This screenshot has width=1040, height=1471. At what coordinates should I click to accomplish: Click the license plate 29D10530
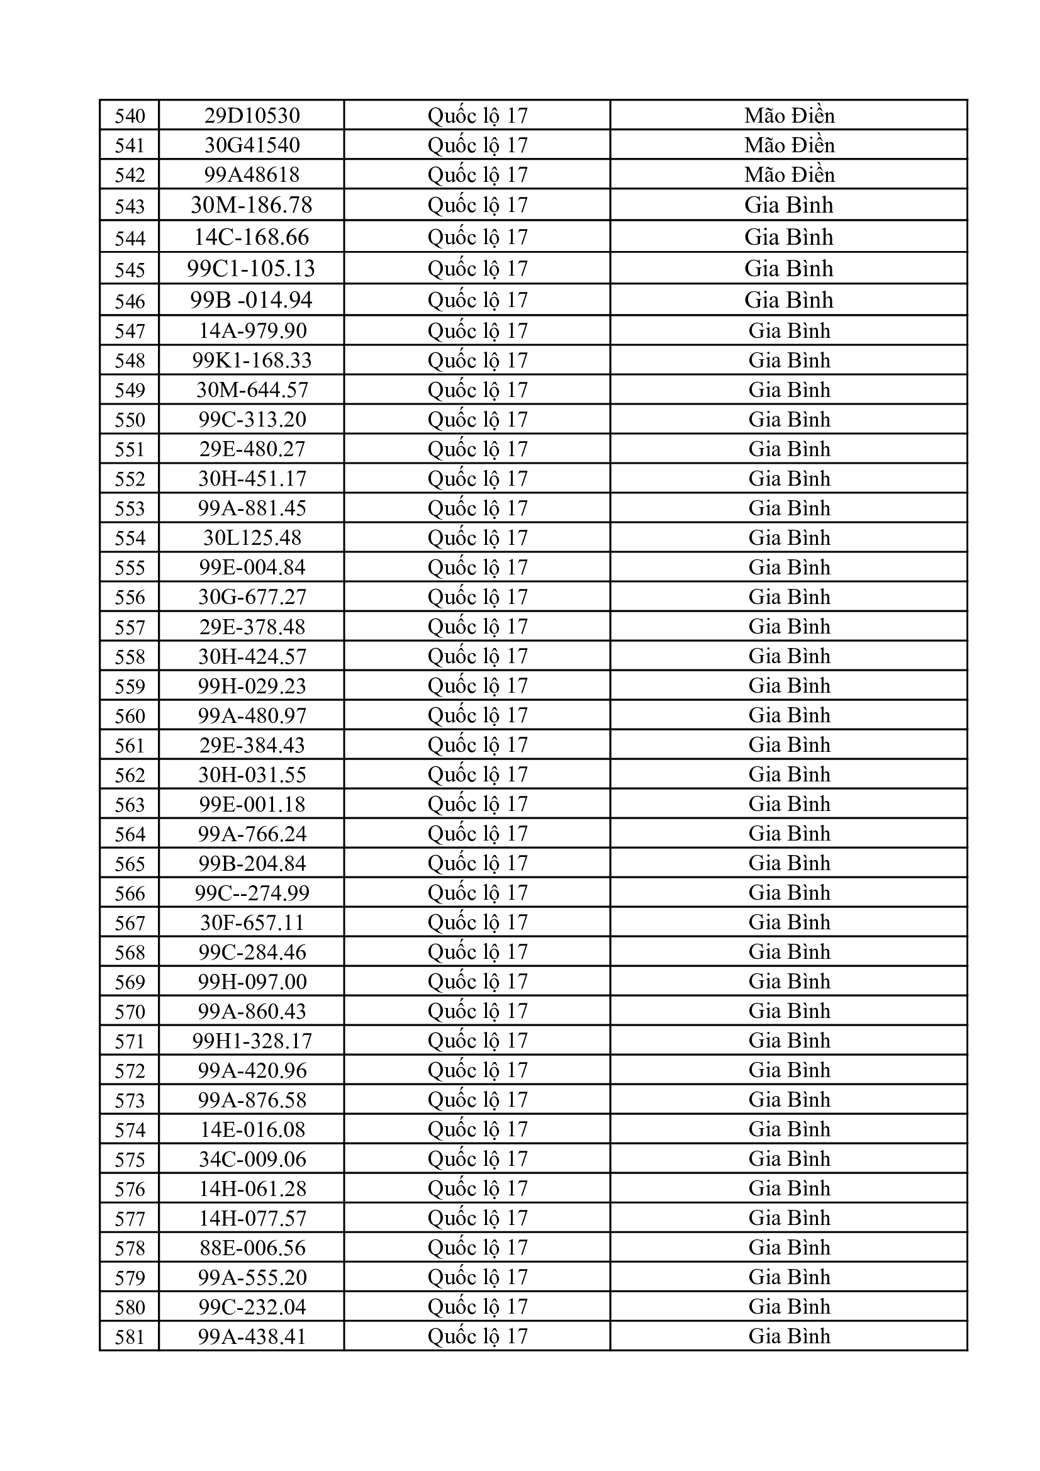coord(252,115)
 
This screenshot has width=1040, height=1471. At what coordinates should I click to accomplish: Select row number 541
coord(130,145)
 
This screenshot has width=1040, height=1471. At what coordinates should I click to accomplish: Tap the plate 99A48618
coord(252,174)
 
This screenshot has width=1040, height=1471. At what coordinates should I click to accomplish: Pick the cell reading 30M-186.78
coord(252,205)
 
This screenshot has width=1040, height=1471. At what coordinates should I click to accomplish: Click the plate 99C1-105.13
coord(252,269)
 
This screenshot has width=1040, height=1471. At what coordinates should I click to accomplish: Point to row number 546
coord(130,301)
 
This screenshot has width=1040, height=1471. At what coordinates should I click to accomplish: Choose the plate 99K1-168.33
coord(252,360)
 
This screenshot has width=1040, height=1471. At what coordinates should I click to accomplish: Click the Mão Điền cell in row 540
coord(789,115)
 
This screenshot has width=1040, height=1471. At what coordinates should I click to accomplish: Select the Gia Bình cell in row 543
coord(789,205)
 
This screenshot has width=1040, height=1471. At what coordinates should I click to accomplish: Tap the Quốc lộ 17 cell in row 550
coord(478,419)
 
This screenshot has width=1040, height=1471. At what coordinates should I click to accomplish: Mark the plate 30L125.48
coord(252,537)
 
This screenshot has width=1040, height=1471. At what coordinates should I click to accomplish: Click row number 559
coord(130,686)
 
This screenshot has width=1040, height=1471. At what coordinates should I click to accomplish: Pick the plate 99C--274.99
coord(252,892)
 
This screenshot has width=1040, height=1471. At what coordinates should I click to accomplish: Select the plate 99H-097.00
coord(252,982)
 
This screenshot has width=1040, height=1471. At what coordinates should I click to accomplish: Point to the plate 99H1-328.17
coord(252,1041)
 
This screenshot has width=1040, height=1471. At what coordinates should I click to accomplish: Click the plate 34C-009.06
coord(252,1159)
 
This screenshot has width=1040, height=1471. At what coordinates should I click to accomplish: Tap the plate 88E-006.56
coord(252,1248)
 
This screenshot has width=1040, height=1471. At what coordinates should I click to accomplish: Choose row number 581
coord(130,1337)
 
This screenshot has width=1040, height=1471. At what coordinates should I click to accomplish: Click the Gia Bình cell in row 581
coord(789,1336)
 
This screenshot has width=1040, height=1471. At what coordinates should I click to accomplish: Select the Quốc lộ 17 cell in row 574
coord(478,1129)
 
